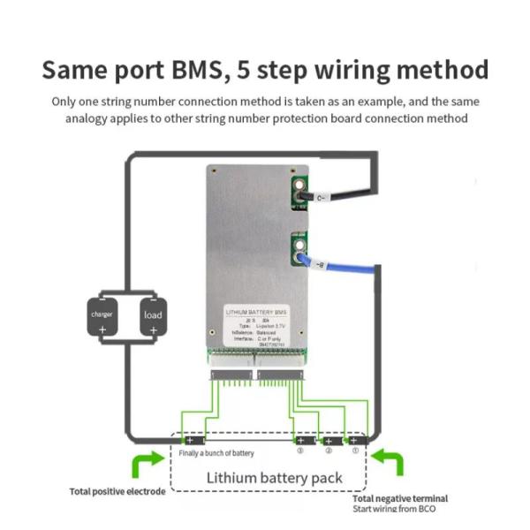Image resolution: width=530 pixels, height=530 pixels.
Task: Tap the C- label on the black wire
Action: [322, 198]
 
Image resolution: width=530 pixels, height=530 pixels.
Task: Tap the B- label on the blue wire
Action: [320, 263]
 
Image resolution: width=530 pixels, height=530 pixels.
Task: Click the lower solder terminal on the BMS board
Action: [299, 248]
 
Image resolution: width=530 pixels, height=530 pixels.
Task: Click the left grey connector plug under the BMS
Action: [231, 375]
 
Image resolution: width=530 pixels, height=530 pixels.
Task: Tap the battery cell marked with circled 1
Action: [355, 439]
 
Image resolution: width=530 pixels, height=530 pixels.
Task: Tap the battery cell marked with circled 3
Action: [301, 439]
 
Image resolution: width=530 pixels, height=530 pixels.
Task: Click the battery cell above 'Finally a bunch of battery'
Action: [192, 439]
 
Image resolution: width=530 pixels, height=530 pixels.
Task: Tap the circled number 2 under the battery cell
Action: [329, 451]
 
